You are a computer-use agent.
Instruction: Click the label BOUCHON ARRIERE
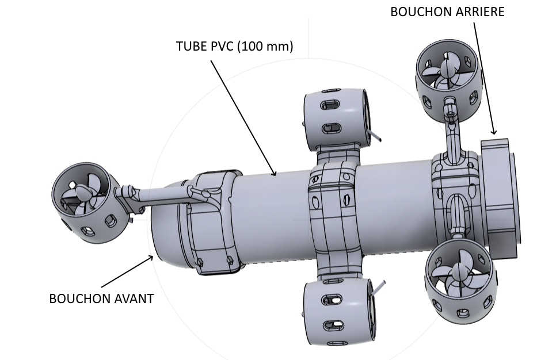click(447, 12)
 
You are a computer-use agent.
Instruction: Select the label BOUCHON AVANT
click(101, 298)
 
